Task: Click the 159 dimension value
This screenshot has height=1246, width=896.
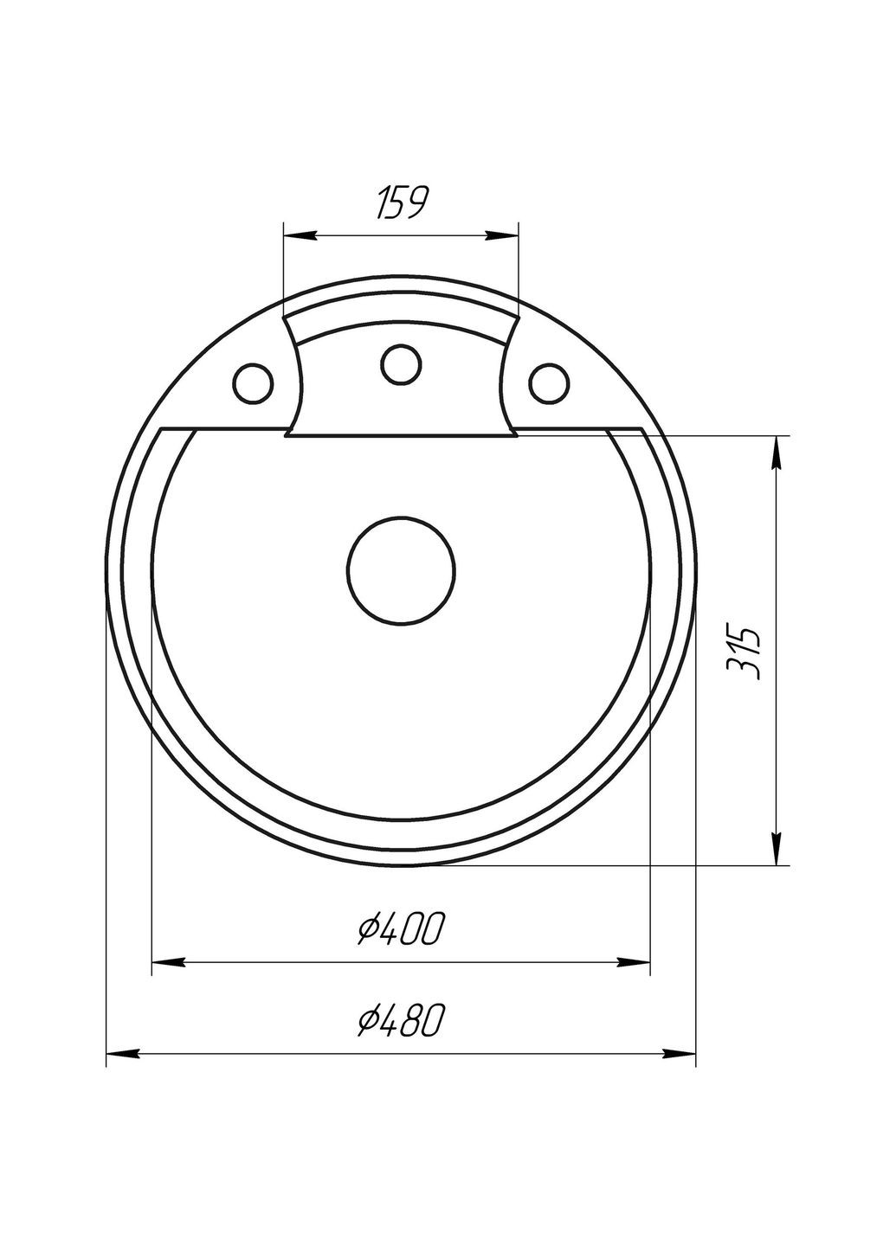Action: (x=400, y=202)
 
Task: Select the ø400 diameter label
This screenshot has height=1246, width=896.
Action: (x=401, y=930)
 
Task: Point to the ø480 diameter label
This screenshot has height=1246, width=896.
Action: (x=401, y=1021)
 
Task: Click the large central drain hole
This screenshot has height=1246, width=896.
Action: (x=402, y=571)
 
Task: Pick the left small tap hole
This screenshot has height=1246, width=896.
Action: (x=253, y=382)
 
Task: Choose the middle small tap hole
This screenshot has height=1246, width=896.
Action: (x=401, y=364)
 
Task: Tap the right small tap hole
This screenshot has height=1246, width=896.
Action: (x=549, y=382)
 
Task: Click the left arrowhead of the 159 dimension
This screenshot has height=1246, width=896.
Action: (x=300, y=235)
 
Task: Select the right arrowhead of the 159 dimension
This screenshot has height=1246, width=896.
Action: (x=502, y=235)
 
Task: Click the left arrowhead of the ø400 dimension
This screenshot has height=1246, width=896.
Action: (x=169, y=961)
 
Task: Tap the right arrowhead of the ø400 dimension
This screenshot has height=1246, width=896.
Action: (x=633, y=961)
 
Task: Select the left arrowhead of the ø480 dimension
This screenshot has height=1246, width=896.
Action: (x=122, y=1053)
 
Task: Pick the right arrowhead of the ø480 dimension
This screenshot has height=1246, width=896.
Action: (x=680, y=1053)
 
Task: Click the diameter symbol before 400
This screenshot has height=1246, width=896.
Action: (x=368, y=931)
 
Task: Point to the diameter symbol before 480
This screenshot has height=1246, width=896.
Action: (x=368, y=1022)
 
